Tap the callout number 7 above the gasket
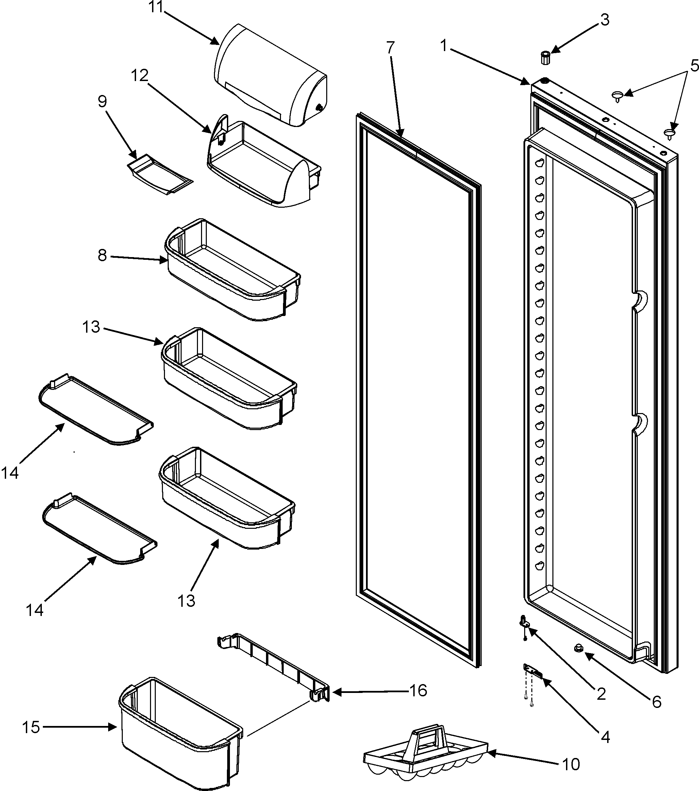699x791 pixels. pyautogui.click(x=390, y=47)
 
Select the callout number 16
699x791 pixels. pyautogui.click(x=418, y=691)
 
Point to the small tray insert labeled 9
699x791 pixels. pyautogui.click(x=159, y=174)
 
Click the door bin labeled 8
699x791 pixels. pyautogui.click(x=232, y=271)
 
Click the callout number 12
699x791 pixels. pyautogui.click(x=139, y=76)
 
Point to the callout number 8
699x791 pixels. pyautogui.click(x=102, y=255)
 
